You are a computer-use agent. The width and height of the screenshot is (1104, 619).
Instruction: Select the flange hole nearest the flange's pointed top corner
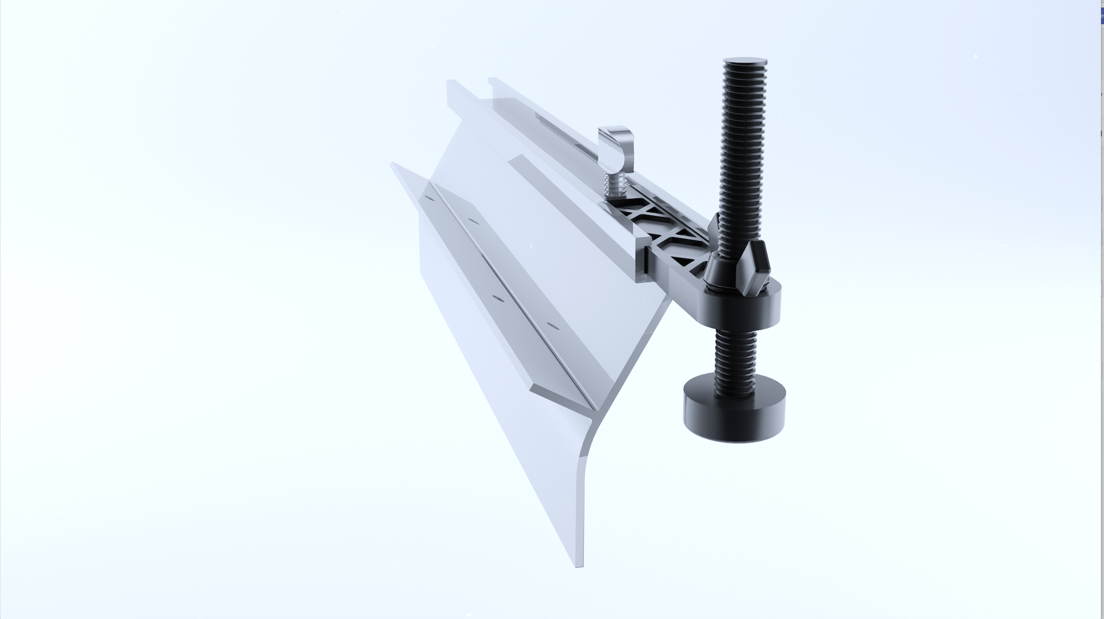(429, 198)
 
